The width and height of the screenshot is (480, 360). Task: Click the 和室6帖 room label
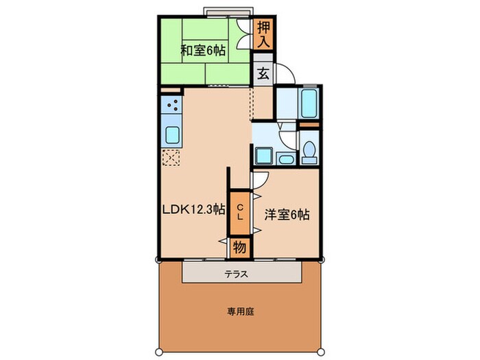tap(204, 50)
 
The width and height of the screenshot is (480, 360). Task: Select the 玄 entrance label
tap(263, 73)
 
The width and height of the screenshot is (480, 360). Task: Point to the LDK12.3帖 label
tap(194, 211)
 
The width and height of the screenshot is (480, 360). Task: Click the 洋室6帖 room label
tap(287, 215)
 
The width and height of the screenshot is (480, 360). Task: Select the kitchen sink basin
tap(171, 134)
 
